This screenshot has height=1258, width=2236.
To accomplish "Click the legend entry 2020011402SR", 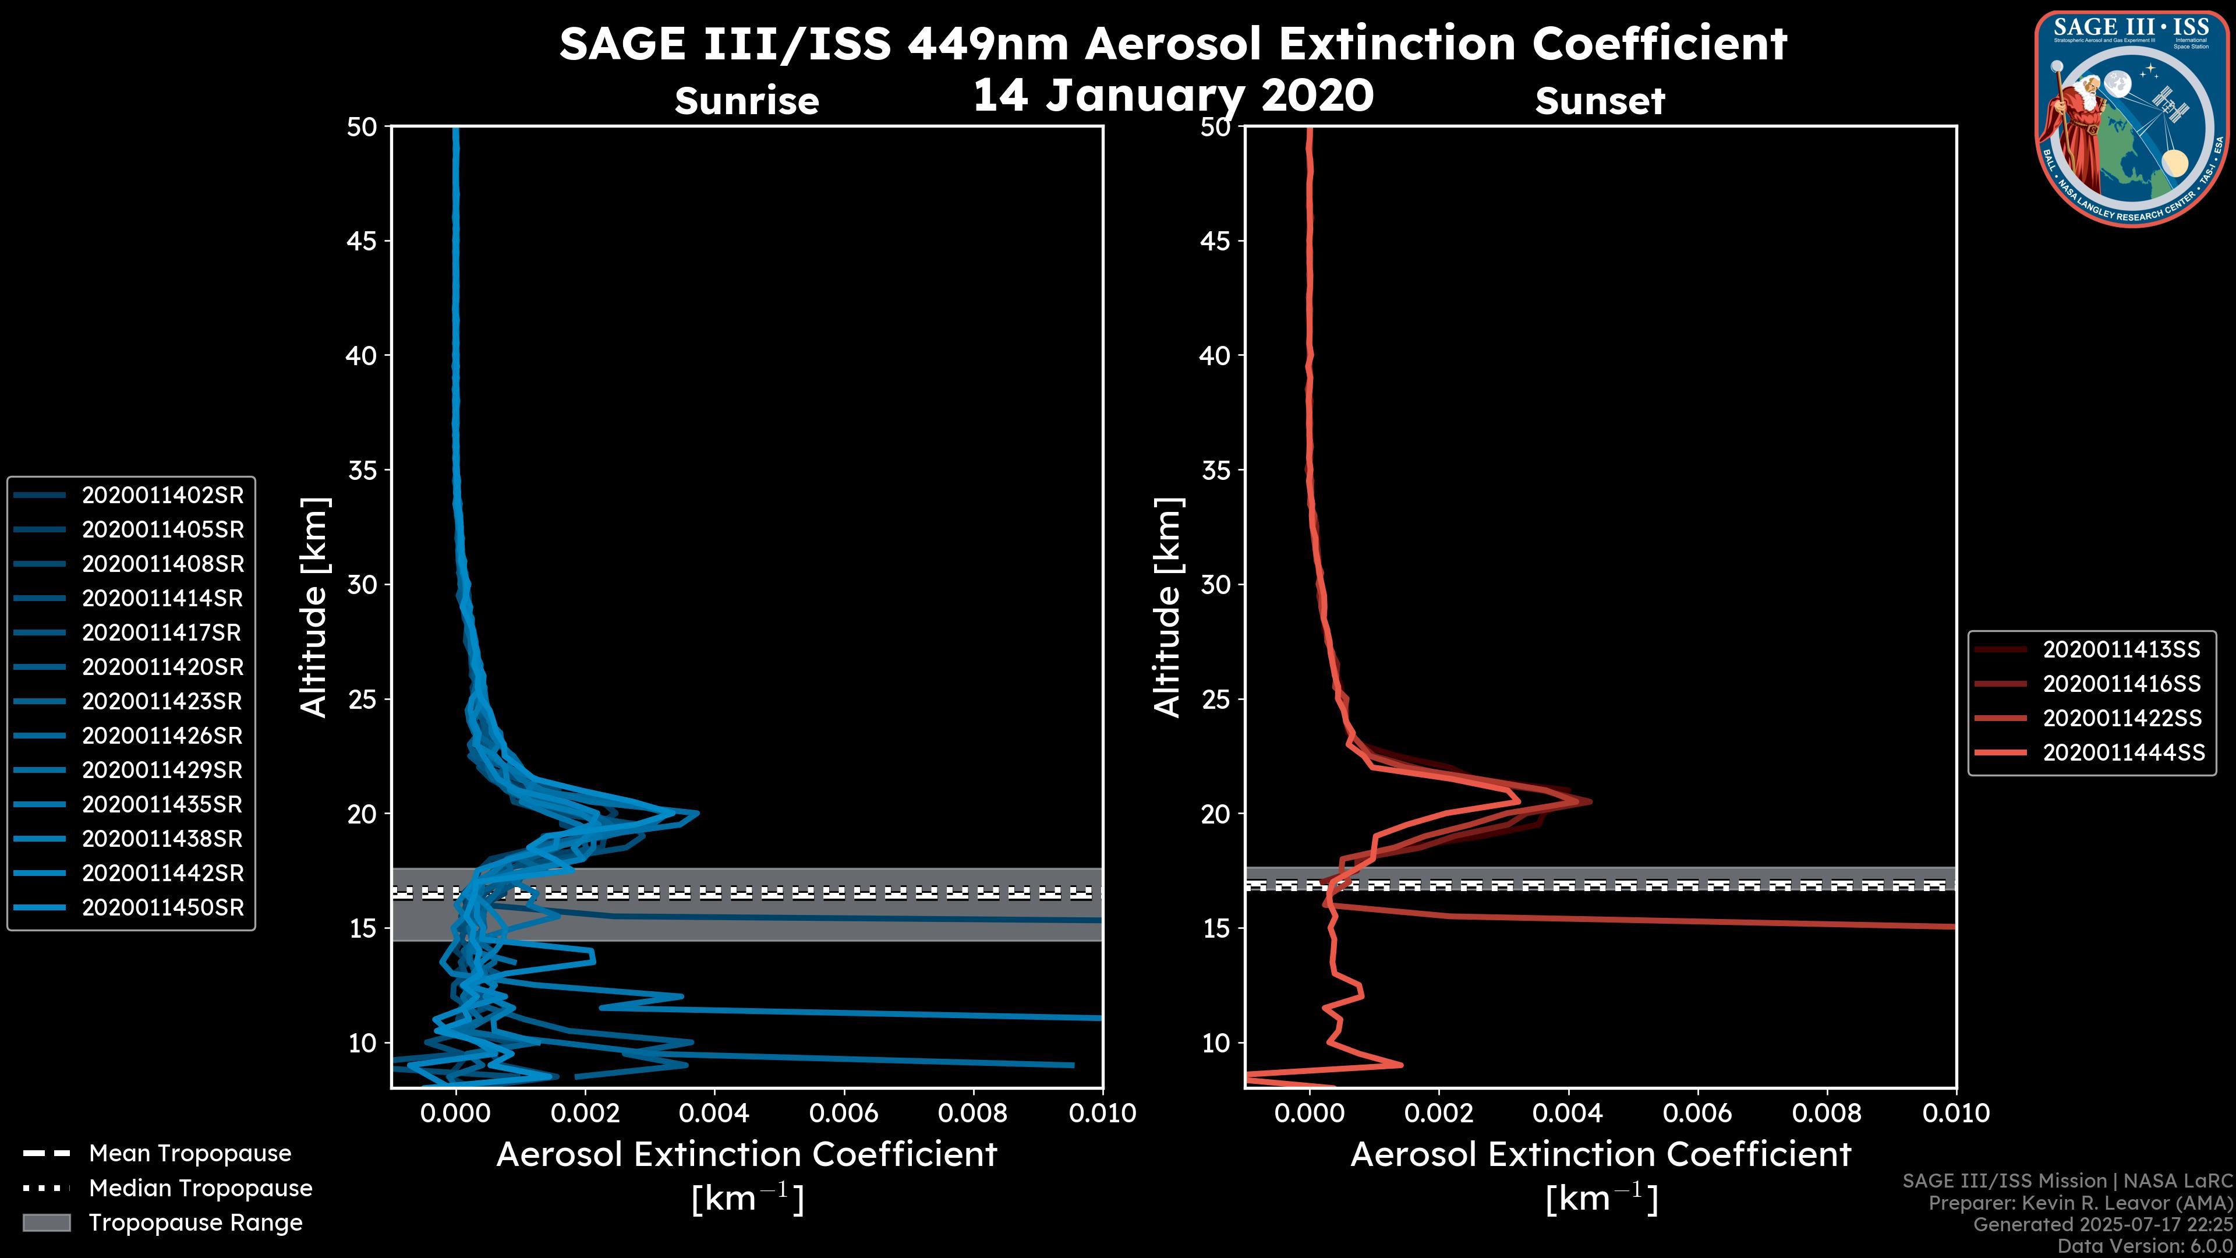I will pyautogui.click(x=162, y=495).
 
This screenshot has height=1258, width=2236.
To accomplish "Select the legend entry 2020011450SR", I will pyautogui.click(x=162, y=907).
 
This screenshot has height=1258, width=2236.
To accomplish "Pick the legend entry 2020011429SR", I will pyautogui.click(x=162, y=770).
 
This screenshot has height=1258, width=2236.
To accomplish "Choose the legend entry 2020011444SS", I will pyautogui.click(x=2123, y=752).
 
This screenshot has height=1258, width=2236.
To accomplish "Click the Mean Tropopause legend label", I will pyautogui.click(x=190, y=1153).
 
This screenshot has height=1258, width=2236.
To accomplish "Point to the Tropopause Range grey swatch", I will pyautogui.click(x=47, y=1222).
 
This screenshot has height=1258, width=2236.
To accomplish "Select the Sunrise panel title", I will pyautogui.click(x=746, y=101).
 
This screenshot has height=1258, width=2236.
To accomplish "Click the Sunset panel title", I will pyautogui.click(x=1600, y=101).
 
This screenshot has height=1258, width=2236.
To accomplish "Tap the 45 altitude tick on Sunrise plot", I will pyautogui.click(x=362, y=241).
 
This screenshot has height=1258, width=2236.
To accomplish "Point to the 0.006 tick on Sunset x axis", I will pyautogui.click(x=1699, y=1113).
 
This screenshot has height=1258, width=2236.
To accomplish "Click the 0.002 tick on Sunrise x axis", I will pyautogui.click(x=586, y=1113).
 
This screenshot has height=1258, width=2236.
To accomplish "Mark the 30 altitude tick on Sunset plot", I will pyautogui.click(x=1216, y=584).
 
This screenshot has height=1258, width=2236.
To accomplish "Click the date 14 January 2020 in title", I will pyautogui.click(x=1173, y=96).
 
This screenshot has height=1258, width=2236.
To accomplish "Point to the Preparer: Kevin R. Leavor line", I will pyautogui.click(x=2080, y=1203).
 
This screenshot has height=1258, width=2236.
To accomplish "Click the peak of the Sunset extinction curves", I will pyautogui.click(x=1588, y=800).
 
